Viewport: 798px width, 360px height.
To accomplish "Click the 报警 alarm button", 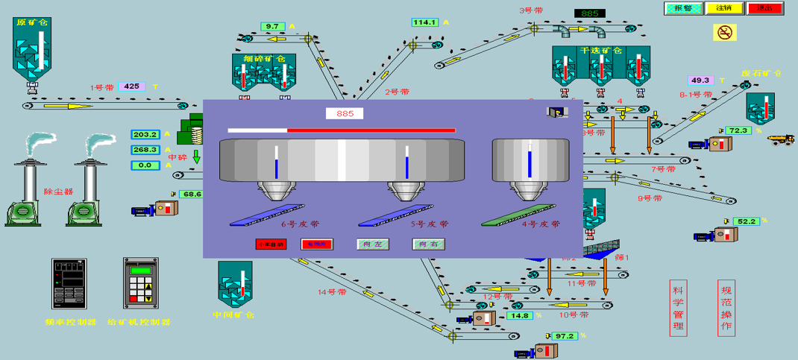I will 683,8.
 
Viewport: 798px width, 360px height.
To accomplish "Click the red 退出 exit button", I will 764,8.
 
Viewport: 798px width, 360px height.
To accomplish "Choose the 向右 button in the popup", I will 429,244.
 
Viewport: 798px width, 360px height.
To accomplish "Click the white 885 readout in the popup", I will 345,113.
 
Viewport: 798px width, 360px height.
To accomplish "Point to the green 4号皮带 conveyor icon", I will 520,215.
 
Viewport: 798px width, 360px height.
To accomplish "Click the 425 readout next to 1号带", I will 131,86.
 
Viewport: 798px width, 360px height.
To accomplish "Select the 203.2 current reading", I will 145,135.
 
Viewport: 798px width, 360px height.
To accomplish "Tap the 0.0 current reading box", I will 145,165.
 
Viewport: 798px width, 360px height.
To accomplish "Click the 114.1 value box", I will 424,22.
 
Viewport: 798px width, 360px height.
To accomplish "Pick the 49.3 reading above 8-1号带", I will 700,80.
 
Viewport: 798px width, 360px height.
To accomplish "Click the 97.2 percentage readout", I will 565,336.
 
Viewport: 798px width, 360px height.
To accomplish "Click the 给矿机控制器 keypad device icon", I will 141,283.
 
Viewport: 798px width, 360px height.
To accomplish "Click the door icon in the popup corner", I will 557,111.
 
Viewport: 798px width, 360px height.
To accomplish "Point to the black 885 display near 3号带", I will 589,13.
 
